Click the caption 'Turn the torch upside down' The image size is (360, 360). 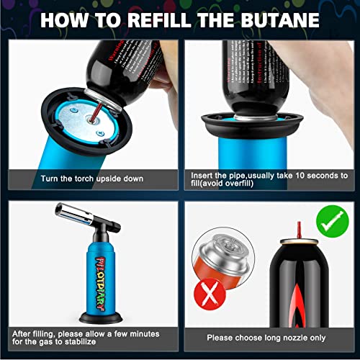coord(91,178)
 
